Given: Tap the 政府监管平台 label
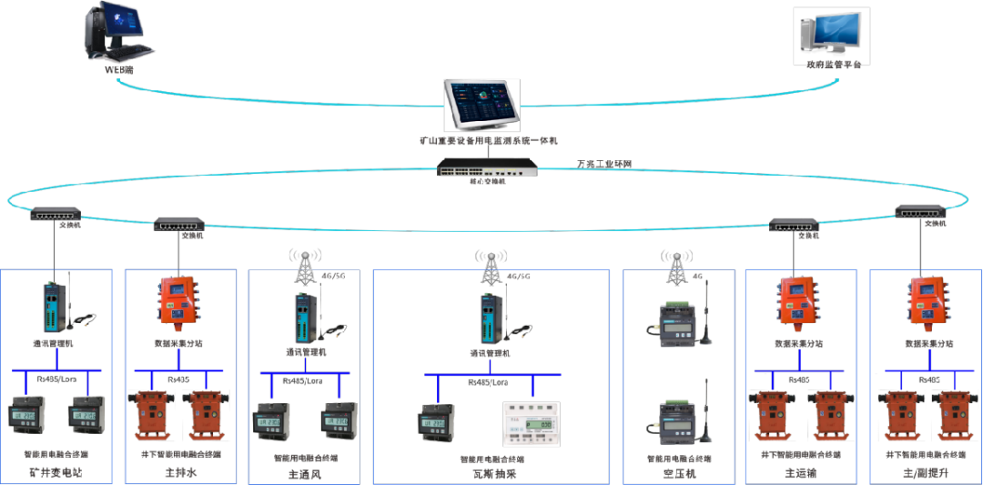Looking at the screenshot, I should [x=832, y=65].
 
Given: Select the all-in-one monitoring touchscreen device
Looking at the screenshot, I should [x=482, y=106].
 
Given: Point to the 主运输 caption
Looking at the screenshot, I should [x=800, y=473].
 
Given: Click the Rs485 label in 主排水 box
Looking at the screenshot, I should [x=178, y=379].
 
